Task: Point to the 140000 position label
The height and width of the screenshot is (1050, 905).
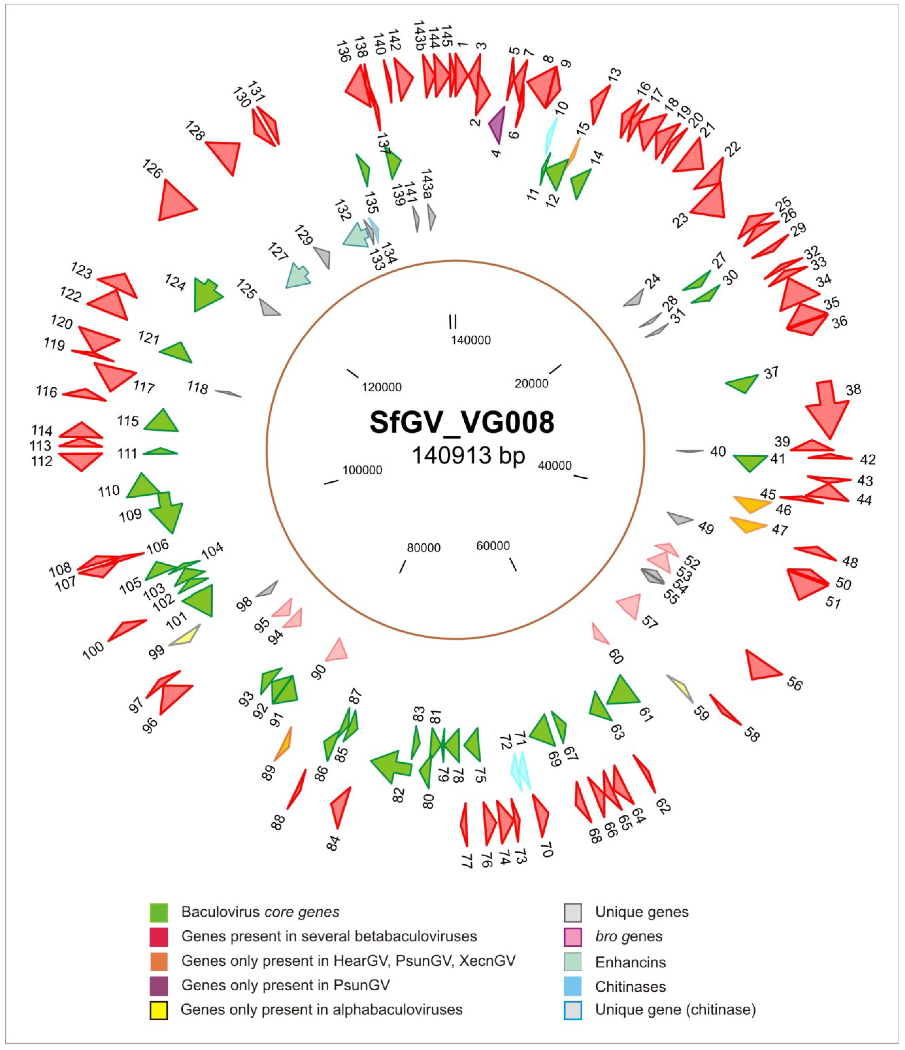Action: [471, 340]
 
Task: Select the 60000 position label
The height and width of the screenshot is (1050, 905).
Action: [493, 546]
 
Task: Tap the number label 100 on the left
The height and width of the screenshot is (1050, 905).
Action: [93, 650]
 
